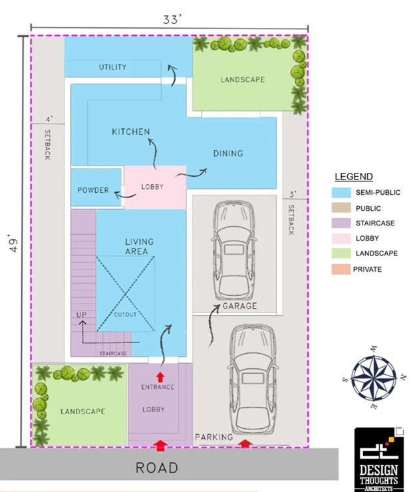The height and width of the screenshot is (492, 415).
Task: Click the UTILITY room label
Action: tap(112, 67)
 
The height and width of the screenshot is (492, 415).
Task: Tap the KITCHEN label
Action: tap(131, 132)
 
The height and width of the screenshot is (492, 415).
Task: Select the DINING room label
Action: tap(227, 154)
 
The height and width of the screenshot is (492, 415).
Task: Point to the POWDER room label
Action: tap(92, 190)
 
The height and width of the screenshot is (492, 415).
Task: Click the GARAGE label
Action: tap(240, 307)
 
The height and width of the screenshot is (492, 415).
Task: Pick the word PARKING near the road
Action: tap(213, 437)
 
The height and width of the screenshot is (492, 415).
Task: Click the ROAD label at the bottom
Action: tap(157, 467)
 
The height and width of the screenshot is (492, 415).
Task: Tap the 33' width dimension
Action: tap(172, 20)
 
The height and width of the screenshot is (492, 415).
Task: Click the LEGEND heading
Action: tap(353, 177)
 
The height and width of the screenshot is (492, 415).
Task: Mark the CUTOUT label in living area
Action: tap(125, 314)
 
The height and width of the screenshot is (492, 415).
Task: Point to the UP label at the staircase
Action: tap(81, 314)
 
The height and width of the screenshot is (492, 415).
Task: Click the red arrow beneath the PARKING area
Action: tap(245, 443)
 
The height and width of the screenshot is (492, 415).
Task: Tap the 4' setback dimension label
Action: tap(49, 120)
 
